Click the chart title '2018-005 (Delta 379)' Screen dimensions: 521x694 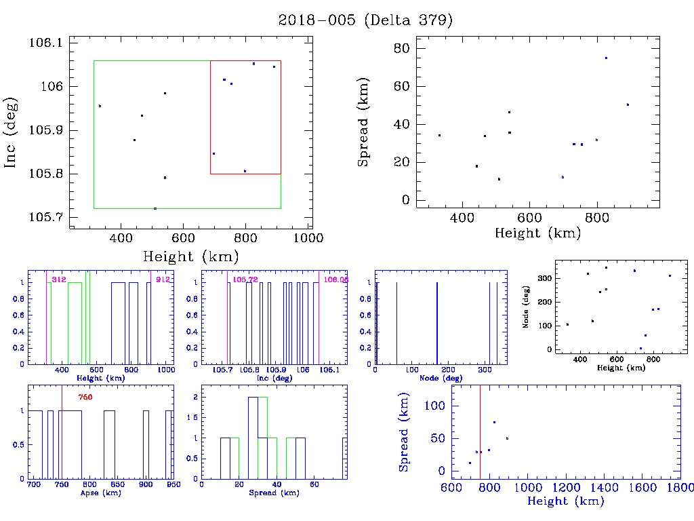[x=365, y=20]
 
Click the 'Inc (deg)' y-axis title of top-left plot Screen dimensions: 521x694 [x=12, y=132]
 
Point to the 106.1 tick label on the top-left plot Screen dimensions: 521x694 [x=45, y=43]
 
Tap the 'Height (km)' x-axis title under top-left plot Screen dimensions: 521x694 [x=190, y=256]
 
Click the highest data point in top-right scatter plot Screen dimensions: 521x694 [x=606, y=58]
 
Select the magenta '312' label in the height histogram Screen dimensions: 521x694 [x=58, y=279]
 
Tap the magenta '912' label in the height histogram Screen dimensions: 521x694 [x=162, y=279]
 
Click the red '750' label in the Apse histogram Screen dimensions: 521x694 [x=85, y=397]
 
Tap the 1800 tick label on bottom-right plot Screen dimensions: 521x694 [x=680, y=487]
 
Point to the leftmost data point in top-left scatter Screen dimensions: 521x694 [x=100, y=106]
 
